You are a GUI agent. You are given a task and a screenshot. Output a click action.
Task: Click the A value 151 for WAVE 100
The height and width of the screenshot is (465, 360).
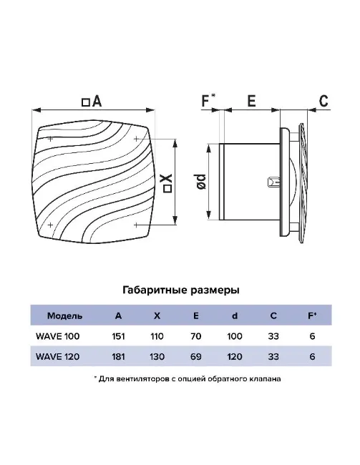coord(118,336)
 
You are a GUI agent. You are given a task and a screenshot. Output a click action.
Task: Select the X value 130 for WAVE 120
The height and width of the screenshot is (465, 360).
coord(157,356)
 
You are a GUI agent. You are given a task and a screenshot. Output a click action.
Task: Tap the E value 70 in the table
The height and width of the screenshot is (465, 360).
coord(196,336)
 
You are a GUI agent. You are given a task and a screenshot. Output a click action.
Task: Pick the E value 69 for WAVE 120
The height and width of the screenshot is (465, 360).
coord(196,356)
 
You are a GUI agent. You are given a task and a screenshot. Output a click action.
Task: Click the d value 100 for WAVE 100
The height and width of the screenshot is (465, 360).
coord(235,336)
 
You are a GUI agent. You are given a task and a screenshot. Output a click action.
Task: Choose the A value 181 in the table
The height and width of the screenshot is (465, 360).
coord(118,356)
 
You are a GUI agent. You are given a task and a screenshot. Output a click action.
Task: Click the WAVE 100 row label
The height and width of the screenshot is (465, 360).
coord(57,336)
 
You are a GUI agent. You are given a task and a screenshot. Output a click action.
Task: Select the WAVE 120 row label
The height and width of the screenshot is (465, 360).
coord(57,356)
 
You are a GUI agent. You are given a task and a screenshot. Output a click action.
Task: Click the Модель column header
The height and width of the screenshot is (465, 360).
coord(64,315)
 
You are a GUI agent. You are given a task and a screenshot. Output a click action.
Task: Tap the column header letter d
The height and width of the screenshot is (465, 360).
coord(235,315)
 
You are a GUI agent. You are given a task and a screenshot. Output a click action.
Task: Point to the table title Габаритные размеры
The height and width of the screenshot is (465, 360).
coord(181,290)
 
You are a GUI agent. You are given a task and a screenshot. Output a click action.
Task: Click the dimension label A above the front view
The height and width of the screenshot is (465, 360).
coord(97,102)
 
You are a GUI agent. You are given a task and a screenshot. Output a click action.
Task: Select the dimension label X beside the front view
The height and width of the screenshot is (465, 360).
coord(167,180)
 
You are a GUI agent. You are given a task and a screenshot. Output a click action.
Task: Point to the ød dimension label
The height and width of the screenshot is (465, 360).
coord(202,182)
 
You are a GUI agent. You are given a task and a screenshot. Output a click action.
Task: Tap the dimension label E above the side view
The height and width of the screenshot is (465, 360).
coord(252,101)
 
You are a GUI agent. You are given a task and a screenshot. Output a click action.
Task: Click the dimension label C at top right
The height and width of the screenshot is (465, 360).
coord(323,101)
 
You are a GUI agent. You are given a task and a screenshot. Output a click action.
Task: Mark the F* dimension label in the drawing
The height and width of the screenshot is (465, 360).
coord(208,100)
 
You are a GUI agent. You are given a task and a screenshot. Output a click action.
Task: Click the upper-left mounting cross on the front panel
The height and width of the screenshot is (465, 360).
coord(50,139)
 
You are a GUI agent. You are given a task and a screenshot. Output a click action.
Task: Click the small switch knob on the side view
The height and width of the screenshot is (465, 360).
coord(273,182)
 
